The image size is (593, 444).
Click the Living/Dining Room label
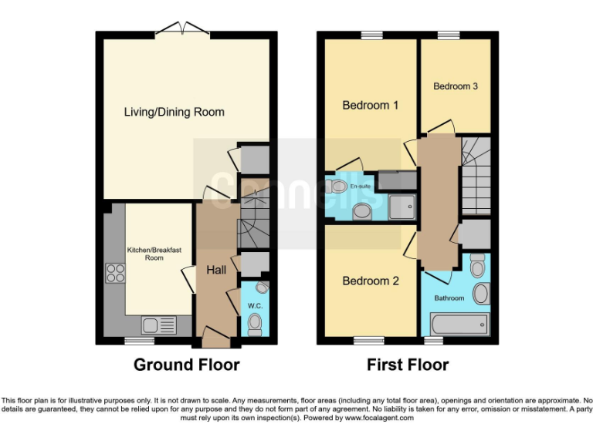point(175,112)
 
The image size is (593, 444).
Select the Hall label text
point(216,270)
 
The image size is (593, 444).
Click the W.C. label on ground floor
point(255,305)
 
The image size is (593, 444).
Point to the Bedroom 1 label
point(371,105)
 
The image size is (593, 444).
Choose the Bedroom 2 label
point(371,281)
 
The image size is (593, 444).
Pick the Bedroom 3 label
point(455,86)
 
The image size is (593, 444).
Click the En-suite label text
point(360,187)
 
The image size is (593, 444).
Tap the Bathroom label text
point(449,298)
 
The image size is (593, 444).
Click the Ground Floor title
point(187,365)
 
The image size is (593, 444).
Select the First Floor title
point(407,365)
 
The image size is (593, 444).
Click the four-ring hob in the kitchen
point(116,272)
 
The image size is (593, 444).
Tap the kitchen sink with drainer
point(158,325)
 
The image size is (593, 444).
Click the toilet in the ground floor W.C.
point(255,325)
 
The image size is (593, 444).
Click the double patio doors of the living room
point(182,31)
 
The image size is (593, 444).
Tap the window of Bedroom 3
point(448,35)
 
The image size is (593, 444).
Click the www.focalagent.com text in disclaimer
point(379,419)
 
